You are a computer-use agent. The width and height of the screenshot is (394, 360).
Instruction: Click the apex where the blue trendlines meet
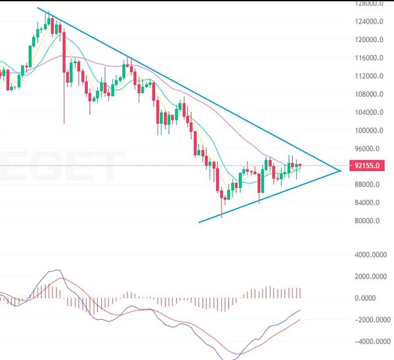click(341, 171)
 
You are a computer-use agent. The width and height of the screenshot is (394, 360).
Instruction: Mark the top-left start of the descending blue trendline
click(38, 8)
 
